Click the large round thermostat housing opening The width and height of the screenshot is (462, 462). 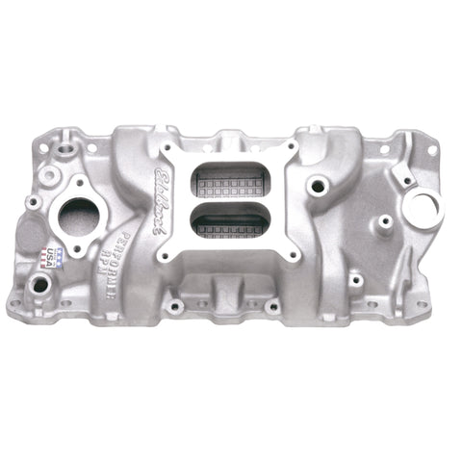pyautogui.click(x=78, y=214)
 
